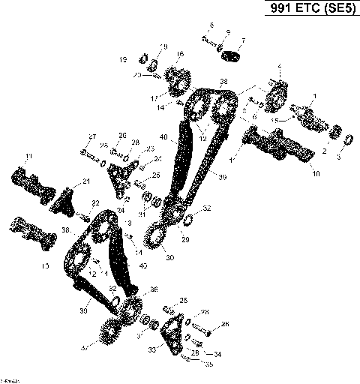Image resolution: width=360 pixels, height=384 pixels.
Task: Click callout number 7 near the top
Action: [x=242, y=40]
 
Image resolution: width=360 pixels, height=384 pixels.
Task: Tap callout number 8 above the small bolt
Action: [x=211, y=25]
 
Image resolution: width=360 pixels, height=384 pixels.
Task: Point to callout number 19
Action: [x=123, y=58]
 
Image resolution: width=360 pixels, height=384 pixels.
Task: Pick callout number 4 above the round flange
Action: [x=280, y=66]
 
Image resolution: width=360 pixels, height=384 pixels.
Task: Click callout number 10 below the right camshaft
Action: [x=316, y=173]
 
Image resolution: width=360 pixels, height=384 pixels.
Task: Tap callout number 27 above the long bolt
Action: [x=92, y=136]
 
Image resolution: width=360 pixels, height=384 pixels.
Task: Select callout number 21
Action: [x=86, y=181]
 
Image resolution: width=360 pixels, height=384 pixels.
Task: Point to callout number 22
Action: [x=96, y=203]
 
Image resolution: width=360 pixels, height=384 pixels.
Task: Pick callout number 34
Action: [x=218, y=353]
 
